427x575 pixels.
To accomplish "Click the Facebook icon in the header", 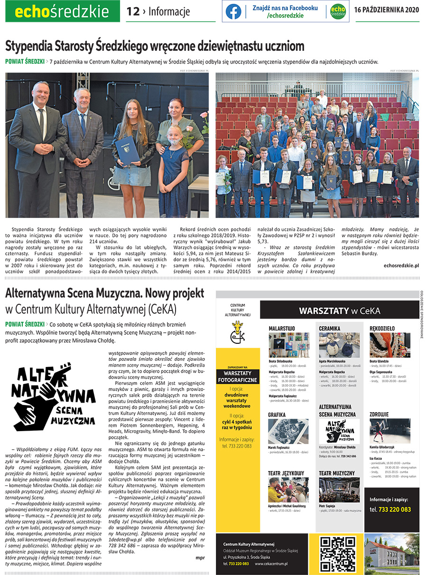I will pyautogui.click(x=233, y=11).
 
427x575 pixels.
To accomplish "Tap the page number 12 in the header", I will pyautogui.click(x=133, y=11).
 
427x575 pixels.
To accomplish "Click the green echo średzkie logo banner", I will pyautogui.click(x=62, y=11).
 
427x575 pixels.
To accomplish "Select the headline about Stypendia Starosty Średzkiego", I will pyautogui.click(x=155, y=46).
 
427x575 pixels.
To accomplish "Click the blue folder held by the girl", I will pyautogui.click(x=127, y=151).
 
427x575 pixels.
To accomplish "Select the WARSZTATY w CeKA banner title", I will pyautogui.click(x=339, y=311).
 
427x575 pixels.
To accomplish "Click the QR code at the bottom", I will pyautogui.click(x=337, y=554).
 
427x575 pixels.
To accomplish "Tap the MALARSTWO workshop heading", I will pyautogui.click(x=282, y=328).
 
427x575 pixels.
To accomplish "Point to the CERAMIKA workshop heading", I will pyautogui.click(x=330, y=328).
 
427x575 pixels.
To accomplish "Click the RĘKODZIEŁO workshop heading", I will pyautogui.click(x=382, y=328).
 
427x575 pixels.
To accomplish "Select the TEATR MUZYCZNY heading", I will pyautogui.click(x=337, y=473).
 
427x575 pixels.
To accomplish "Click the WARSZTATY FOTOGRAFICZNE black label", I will pyautogui.click(x=237, y=377).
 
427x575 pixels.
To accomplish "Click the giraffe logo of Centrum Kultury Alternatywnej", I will pyautogui.click(x=238, y=332).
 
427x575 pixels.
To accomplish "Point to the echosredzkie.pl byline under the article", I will pyautogui.click(x=401, y=265).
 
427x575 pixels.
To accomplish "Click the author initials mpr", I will pyautogui.click(x=200, y=557).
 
